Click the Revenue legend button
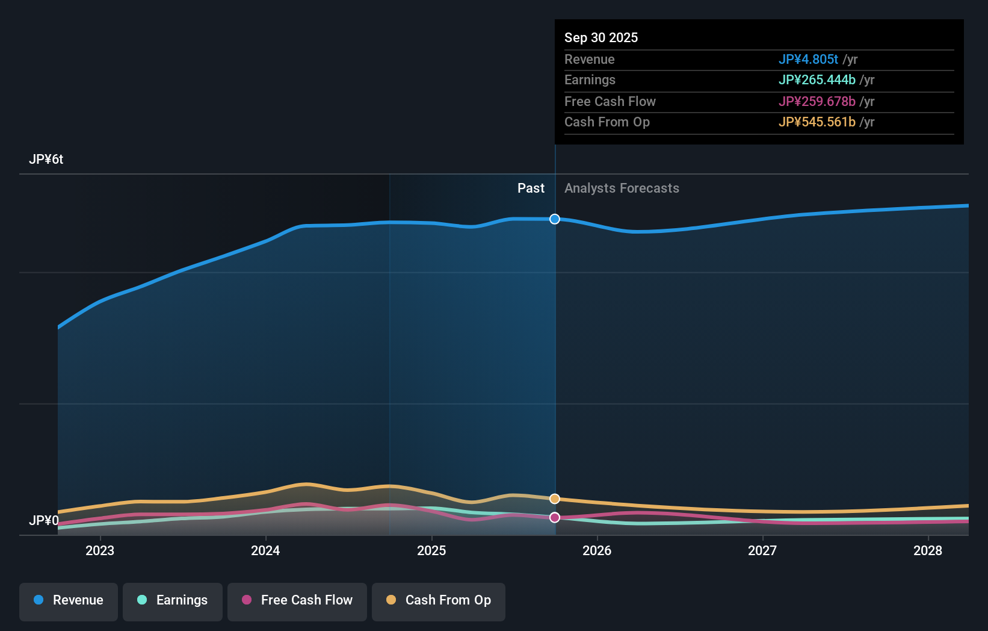click(x=69, y=600)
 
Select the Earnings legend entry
click(x=173, y=600)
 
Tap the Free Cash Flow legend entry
click(x=297, y=600)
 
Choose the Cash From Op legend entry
click(x=439, y=600)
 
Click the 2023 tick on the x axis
click(x=100, y=550)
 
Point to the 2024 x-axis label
click(x=265, y=550)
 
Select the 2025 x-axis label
click(x=431, y=550)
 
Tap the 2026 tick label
click(x=597, y=550)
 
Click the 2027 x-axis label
click(x=762, y=550)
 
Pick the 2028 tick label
click(x=928, y=550)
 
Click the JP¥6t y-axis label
click(x=46, y=160)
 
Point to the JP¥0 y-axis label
click(x=44, y=520)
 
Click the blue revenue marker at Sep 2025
click(x=555, y=219)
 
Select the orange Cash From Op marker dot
click(x=555, y=499)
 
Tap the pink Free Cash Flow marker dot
click(x=555, y=517)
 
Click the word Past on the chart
click(x=531, y=188)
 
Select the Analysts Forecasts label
click(x=622, y=188)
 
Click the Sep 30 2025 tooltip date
click(x=601, y=37)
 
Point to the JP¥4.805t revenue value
click(x=808, y=60)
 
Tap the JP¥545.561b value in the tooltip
click(x=817, y=122)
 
